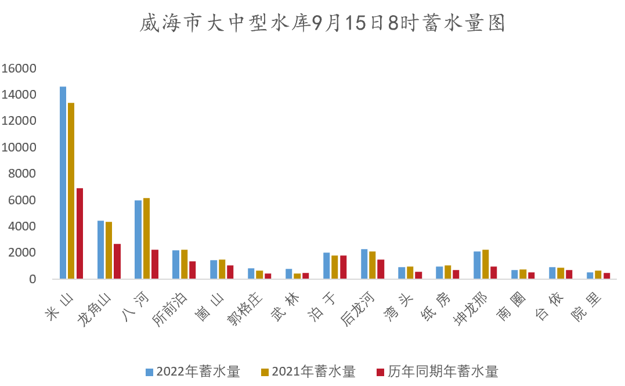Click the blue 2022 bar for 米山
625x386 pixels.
click(x=63, y=183)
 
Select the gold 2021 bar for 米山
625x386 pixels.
click(x=71, y=191)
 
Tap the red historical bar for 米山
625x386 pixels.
click(x=80, y=233)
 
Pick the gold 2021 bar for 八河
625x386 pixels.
click(x=146, y=239)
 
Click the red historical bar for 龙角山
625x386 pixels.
click(x=117, y=261)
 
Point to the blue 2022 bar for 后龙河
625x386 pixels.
click(x=364, y=264)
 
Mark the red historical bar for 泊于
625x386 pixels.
click(x=343, y=267)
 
